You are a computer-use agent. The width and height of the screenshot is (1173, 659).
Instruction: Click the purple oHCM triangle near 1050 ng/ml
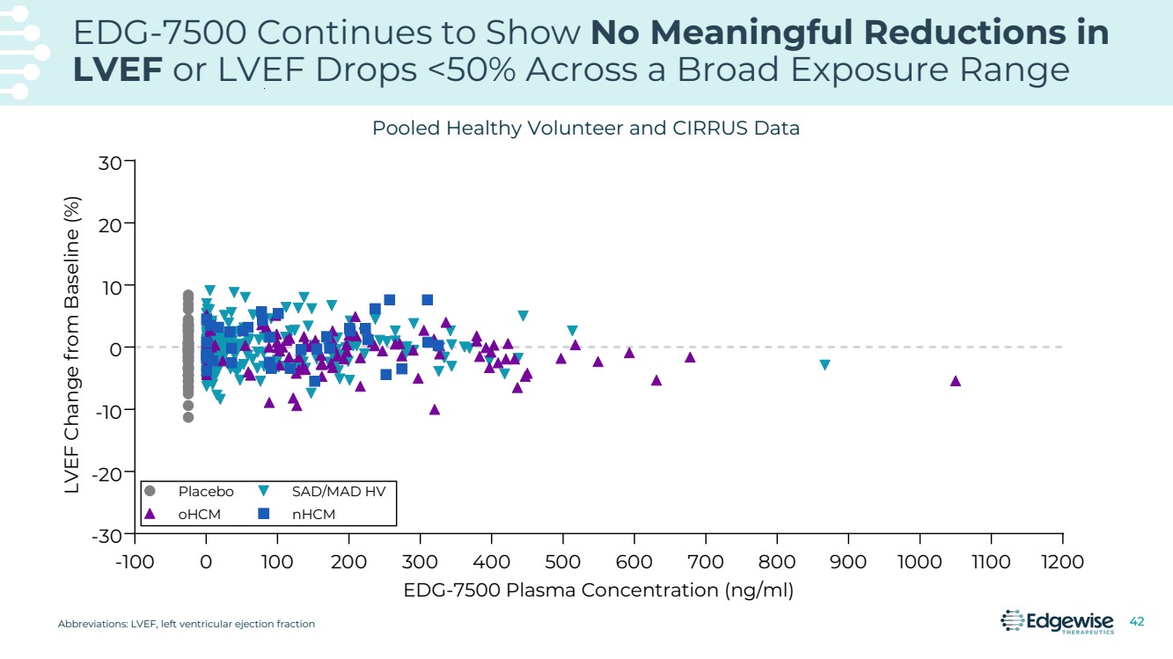[x=956, y=381]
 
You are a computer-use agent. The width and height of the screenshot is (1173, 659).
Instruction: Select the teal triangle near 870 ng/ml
[x=825, y=365]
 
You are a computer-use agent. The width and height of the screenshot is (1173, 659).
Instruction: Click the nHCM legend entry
[x=313, y=514]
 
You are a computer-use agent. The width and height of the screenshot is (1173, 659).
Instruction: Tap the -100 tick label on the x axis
[x=135, y=562]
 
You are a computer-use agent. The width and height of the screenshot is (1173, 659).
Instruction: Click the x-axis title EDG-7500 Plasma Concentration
[x=598, y=590]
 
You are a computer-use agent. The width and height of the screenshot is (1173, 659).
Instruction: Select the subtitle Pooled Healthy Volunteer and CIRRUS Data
[x=585, y=128]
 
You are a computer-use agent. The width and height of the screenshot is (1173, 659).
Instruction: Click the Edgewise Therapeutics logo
[x=1057, y=622]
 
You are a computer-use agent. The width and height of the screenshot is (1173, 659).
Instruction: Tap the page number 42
[x=1137, y=622]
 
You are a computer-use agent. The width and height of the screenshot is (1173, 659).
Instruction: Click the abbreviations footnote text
[x=187, y=624]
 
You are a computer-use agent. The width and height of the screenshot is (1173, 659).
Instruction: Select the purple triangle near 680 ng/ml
[x=690, y=357]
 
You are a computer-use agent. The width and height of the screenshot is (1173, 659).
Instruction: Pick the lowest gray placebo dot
[x=188, y=417]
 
